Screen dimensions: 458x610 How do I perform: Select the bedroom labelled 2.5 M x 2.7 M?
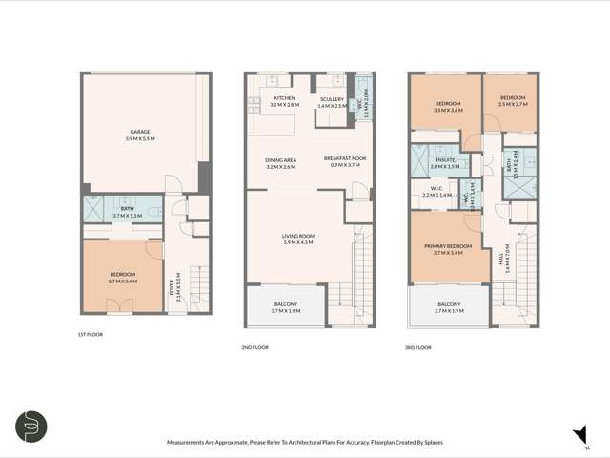coord(513,102)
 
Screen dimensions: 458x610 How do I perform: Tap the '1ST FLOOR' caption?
coord(91,335)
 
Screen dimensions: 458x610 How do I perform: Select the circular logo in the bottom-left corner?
coord(31,427)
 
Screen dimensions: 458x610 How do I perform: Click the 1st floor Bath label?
coord(126,212)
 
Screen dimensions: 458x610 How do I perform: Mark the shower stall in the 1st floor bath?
coord(94,208)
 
